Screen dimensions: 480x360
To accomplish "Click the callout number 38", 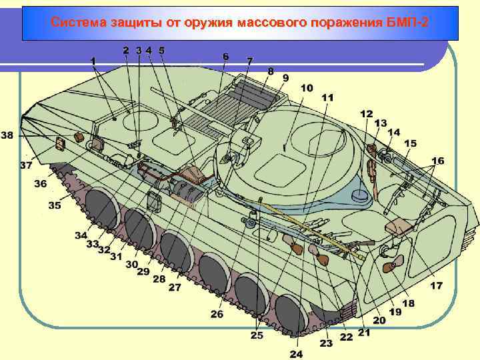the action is point(7,135).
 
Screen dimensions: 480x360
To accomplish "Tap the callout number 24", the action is point(296,353).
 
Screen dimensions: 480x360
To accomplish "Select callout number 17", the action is point(436,286).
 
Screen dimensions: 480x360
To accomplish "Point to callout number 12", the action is point(367,114).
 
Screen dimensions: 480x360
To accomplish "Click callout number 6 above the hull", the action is point(226,57).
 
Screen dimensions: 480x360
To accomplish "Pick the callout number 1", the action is point(94,61).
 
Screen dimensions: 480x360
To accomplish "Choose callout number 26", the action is point(217,314).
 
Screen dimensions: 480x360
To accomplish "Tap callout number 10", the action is point(307,88).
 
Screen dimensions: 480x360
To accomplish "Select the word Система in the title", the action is point(75,23).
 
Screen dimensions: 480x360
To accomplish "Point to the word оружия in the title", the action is point(205,23).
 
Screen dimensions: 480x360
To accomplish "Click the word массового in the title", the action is point(269,23).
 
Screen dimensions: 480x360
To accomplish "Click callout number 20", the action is point(379,321).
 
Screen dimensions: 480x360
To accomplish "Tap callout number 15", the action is point(410,143).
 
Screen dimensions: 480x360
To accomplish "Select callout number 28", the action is point(159,279).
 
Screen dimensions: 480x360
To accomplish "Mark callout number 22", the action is point(346,337).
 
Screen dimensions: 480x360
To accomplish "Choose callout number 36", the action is point(41,184).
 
